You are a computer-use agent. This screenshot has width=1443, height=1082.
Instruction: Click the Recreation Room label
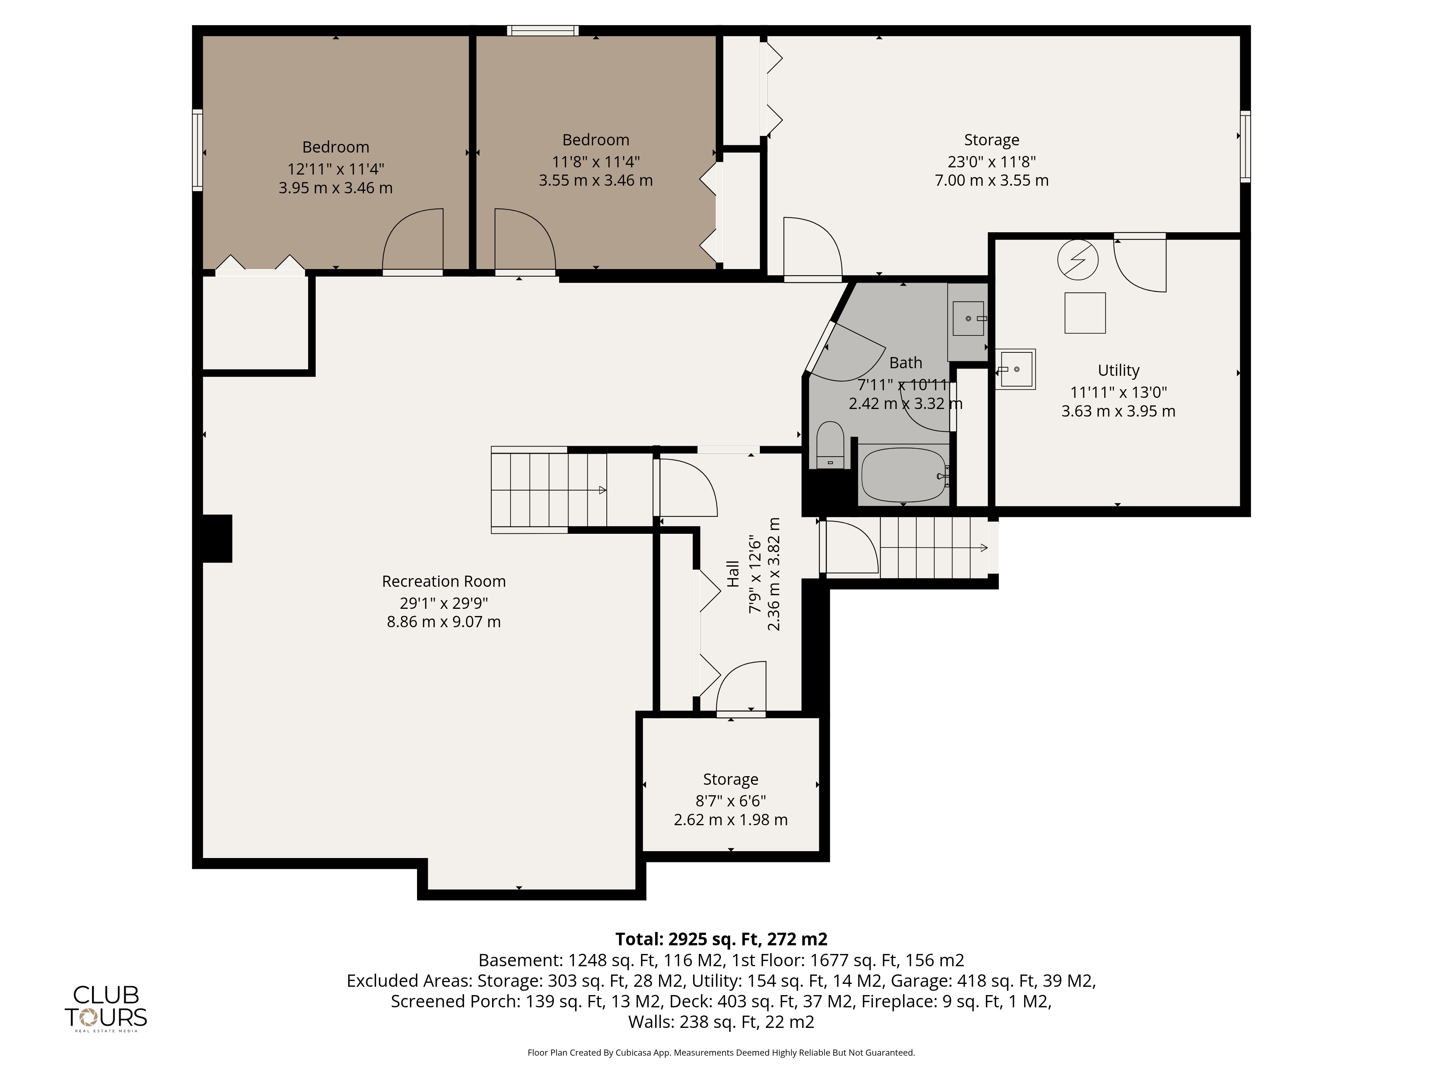(x=444, y=581)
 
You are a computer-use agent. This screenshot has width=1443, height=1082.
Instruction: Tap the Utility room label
(x=1118, y=370)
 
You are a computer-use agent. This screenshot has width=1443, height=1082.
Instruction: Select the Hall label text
(x=733, y=574)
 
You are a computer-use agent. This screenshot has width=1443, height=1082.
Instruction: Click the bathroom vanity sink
(x=969, y=318)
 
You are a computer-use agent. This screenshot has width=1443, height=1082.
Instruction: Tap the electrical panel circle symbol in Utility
(x=1078, y=260)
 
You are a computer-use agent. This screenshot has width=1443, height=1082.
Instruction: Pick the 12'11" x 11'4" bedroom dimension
(x=335, y=169)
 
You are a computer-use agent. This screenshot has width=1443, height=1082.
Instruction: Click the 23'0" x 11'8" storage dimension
(x=992, y=161)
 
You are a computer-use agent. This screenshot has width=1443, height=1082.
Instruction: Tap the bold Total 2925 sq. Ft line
(x=721, y=939)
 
